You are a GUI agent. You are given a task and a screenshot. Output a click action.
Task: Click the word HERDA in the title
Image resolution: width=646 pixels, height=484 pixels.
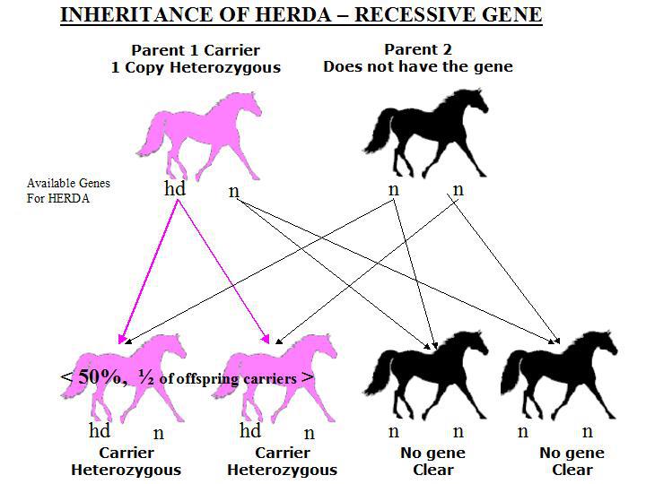[292, 15]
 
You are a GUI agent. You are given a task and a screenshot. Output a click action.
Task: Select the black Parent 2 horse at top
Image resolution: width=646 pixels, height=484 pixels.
[426, 133]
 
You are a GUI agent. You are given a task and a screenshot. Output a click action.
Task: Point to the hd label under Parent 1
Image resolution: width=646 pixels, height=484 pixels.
[175, 188]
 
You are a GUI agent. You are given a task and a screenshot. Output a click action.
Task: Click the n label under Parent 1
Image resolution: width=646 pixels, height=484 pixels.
[233, 191]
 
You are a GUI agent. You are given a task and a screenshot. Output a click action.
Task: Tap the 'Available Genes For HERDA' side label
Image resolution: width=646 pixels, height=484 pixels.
[68, 191]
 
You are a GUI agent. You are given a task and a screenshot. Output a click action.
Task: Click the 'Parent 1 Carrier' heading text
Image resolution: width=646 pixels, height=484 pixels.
[196, 50]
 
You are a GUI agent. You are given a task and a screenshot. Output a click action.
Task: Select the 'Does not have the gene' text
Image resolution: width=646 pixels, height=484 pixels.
[418, 66]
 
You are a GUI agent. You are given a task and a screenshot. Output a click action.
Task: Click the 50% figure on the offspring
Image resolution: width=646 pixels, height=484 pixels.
[99, 376]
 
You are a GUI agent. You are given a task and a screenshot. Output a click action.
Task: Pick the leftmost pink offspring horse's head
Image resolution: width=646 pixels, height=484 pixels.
[177, 345]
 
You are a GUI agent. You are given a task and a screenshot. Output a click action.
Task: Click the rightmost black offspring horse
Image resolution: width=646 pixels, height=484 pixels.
[559, 375]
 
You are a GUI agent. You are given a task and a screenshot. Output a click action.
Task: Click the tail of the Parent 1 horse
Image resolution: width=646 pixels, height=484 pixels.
[152, 135]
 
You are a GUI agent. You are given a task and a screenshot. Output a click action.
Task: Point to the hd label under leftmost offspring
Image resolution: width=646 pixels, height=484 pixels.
[100, 430]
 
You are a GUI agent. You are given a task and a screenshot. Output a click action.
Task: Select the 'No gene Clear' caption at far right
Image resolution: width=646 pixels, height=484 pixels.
[572, 462]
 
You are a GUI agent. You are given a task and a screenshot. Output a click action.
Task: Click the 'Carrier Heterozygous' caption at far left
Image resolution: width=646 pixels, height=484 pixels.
[127, 462]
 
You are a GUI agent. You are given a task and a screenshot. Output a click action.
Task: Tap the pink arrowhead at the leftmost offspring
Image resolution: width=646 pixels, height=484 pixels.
[121, 339]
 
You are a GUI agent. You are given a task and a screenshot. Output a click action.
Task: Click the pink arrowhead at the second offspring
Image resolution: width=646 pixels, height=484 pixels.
[266, 339]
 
